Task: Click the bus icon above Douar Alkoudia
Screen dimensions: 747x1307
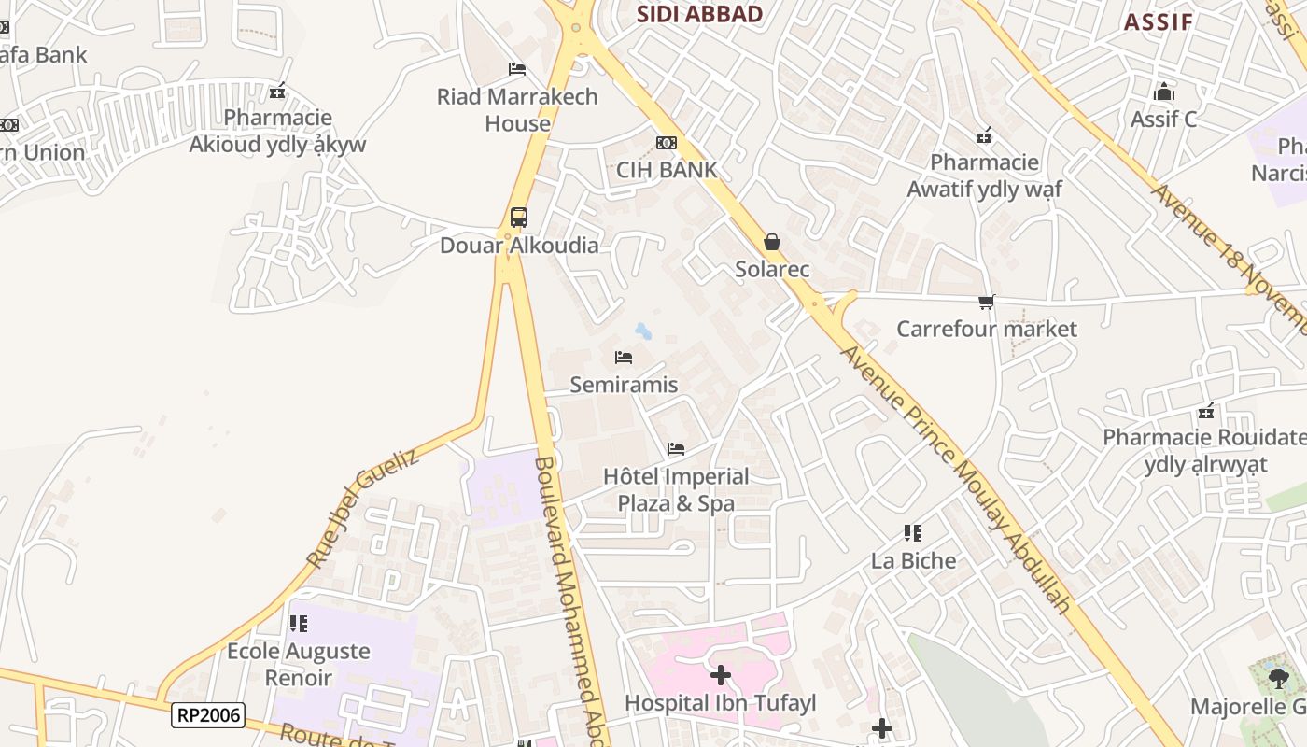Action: [x=518, y=218]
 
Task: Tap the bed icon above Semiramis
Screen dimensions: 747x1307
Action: [x=624, y=358]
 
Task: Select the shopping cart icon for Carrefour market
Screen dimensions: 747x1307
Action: [x=987, y=302]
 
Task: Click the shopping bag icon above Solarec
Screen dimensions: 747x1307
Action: [x=772, y=242]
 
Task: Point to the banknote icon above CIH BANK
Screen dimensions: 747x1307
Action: [x=667, y=143]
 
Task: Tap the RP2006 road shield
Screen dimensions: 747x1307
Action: [x=208, y=716]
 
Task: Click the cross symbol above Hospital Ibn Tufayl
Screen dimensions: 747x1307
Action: [x=721, y=674]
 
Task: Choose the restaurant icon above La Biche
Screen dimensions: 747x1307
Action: [x=913, y=533]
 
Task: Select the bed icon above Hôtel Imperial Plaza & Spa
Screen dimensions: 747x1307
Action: [x=676, y=449]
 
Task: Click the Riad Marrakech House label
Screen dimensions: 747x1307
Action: [x=517, y=109]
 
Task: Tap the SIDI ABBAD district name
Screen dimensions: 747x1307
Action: [x=699, y=14]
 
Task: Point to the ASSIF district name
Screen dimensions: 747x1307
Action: [x=1158, y=21]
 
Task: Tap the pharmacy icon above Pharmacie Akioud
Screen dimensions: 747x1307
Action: [x=277, y=92]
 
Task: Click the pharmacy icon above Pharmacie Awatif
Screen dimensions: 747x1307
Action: [x=984, y=136]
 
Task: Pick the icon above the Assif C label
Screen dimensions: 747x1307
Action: [x=1163, y=92]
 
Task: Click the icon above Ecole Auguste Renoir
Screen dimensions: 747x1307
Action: [x=298, y=623]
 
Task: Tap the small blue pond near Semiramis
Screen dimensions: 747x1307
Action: [x=643, y=330]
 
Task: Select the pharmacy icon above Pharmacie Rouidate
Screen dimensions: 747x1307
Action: [x=1206, y=411]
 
